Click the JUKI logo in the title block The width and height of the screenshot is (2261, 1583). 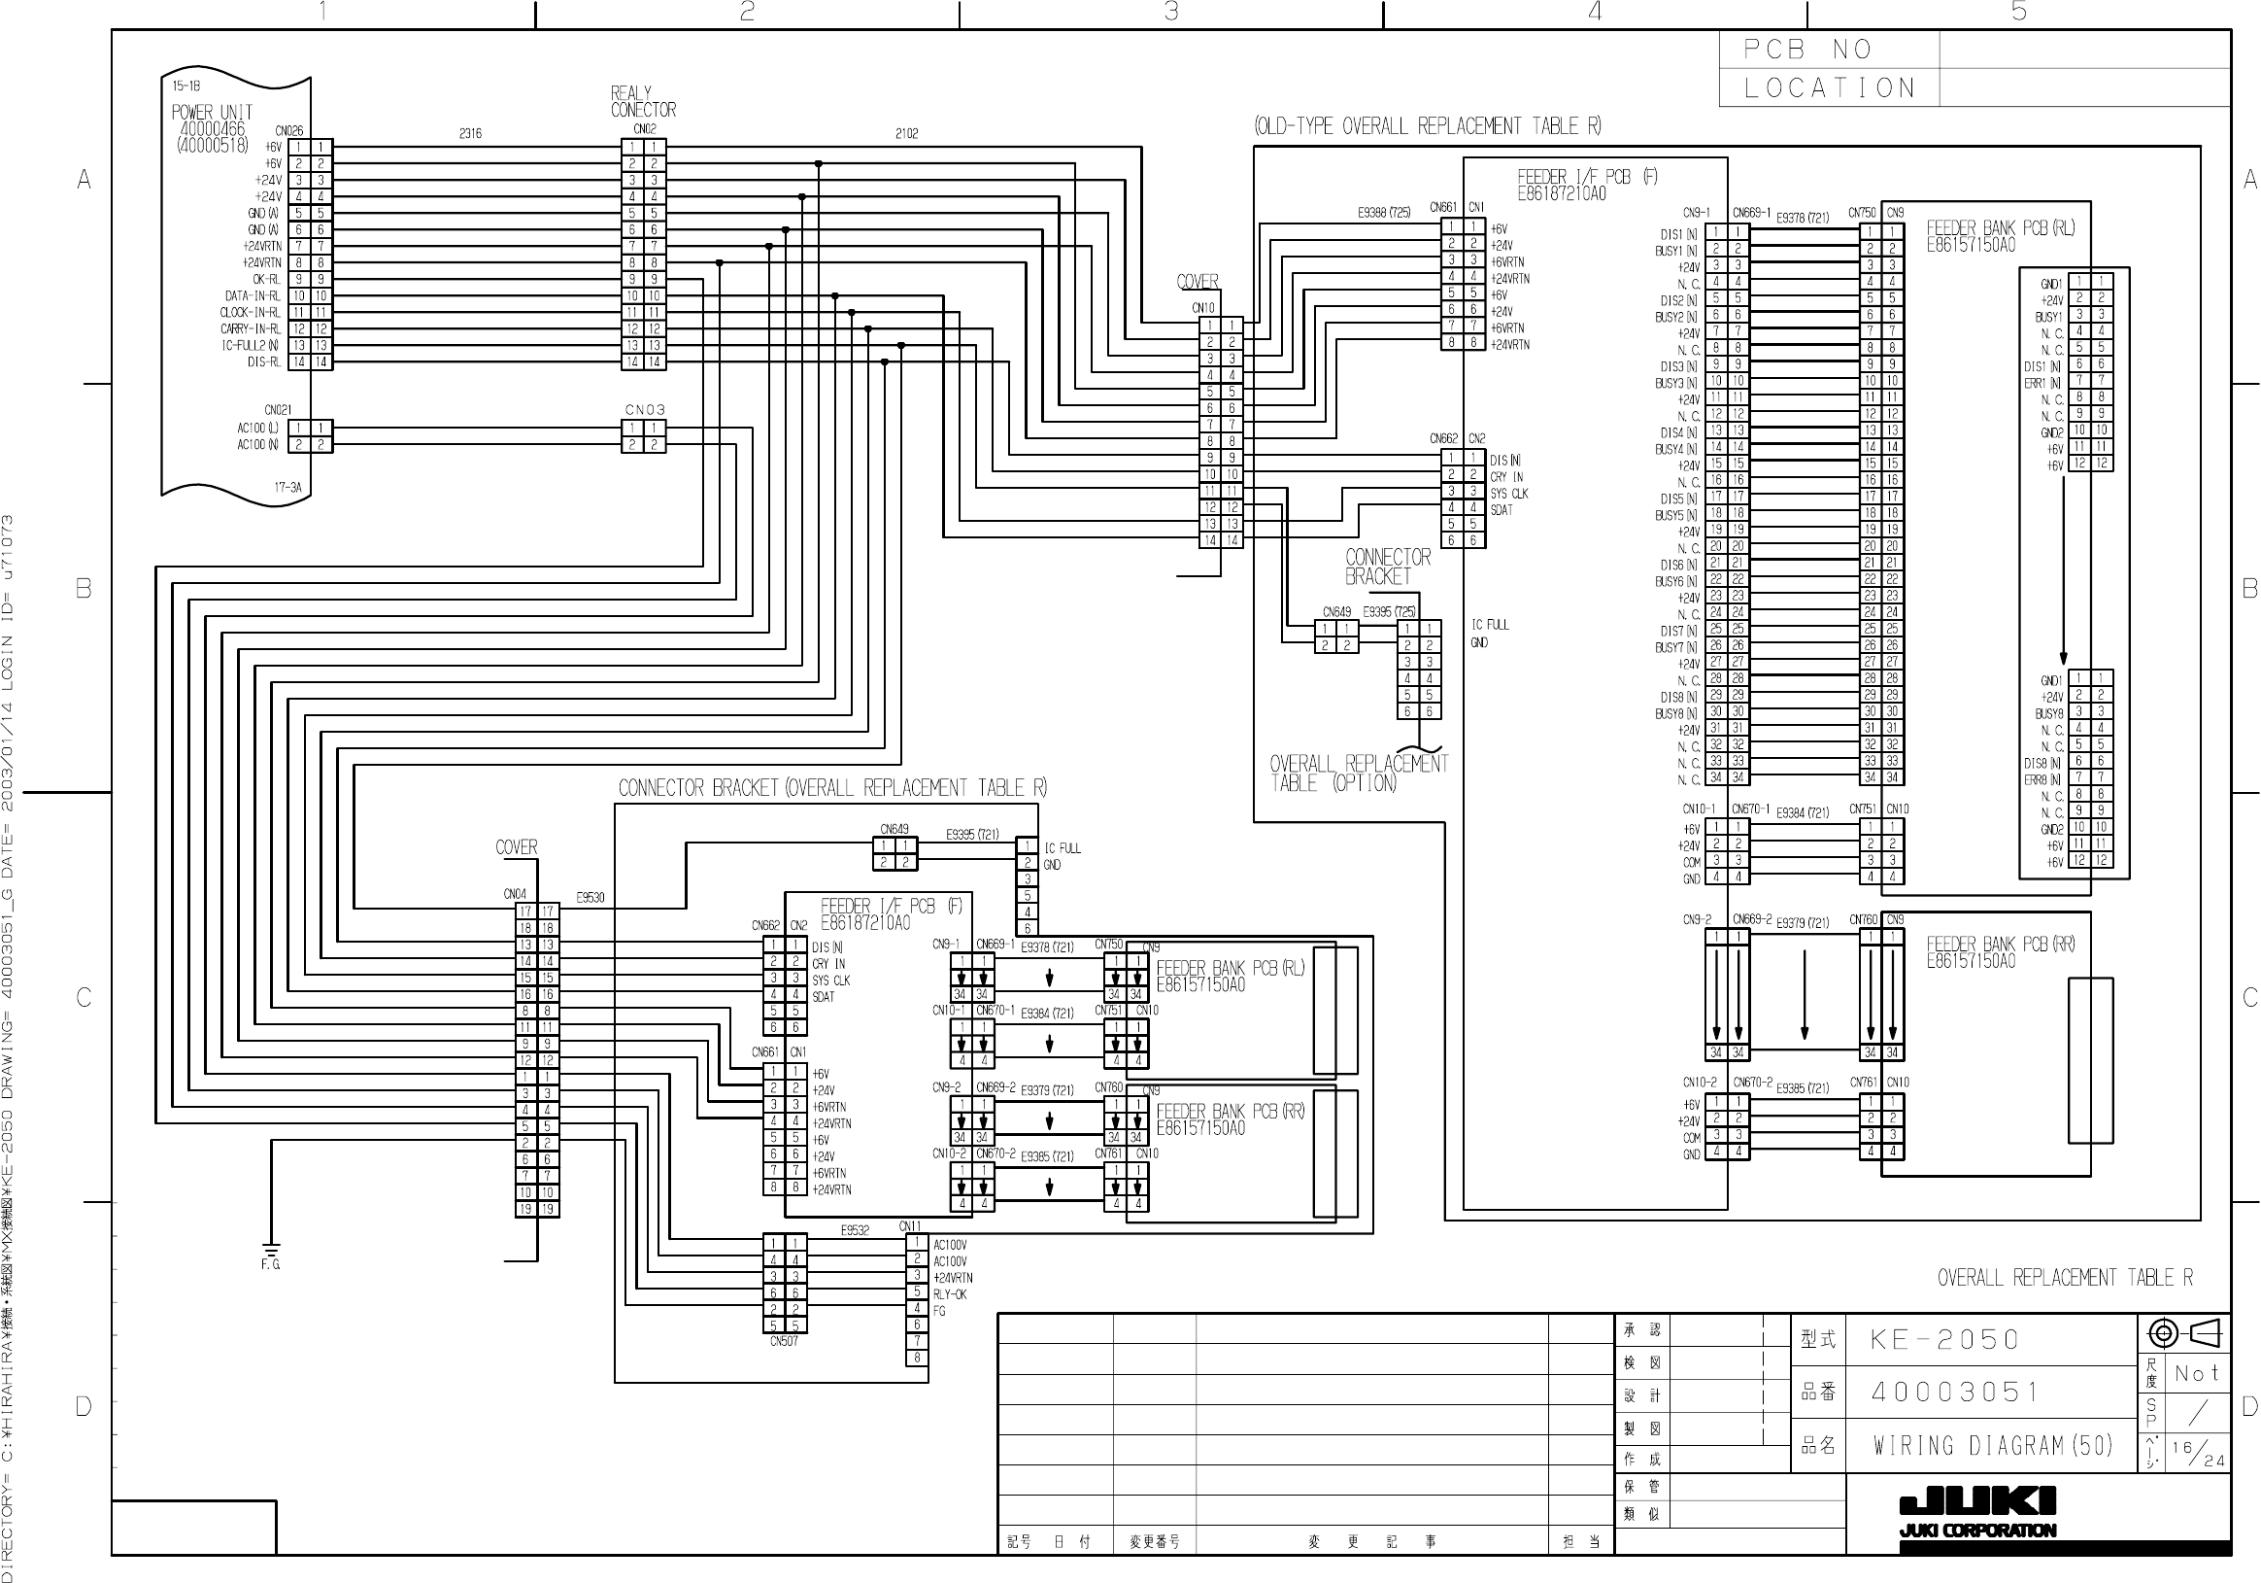click(x=1976, y=1501)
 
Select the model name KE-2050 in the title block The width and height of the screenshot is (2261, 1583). click(x=1944, y=1340)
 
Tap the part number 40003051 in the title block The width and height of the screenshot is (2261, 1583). click(x=1954, y=1392)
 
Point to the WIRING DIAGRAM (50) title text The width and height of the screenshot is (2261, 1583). click(x=1992, y=1445)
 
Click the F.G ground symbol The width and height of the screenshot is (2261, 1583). click(x=271, y=1255)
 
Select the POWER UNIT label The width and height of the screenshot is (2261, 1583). click(x=212, y=113)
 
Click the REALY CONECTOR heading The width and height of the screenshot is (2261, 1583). click(x=643, y=101)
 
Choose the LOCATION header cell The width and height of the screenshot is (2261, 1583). click(x=1830, y=87)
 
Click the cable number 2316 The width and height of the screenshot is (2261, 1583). click(x=470, y=133)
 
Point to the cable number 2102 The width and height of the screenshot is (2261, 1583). click(x=906, y=133)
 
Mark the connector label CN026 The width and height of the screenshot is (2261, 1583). click(x=289, y=130)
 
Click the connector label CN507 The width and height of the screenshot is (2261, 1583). click(x=784, y=1341)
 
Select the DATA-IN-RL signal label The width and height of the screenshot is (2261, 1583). click(x=253, y=295)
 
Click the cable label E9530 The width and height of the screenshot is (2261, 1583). click(x=590, y=897)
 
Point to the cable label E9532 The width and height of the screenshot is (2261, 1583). click(x=855, y=1230)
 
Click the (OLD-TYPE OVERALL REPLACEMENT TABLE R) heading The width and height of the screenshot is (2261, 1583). click(x=1427, y=126)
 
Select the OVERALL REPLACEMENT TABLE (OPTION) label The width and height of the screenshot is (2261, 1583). click(x=1358, y=774)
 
